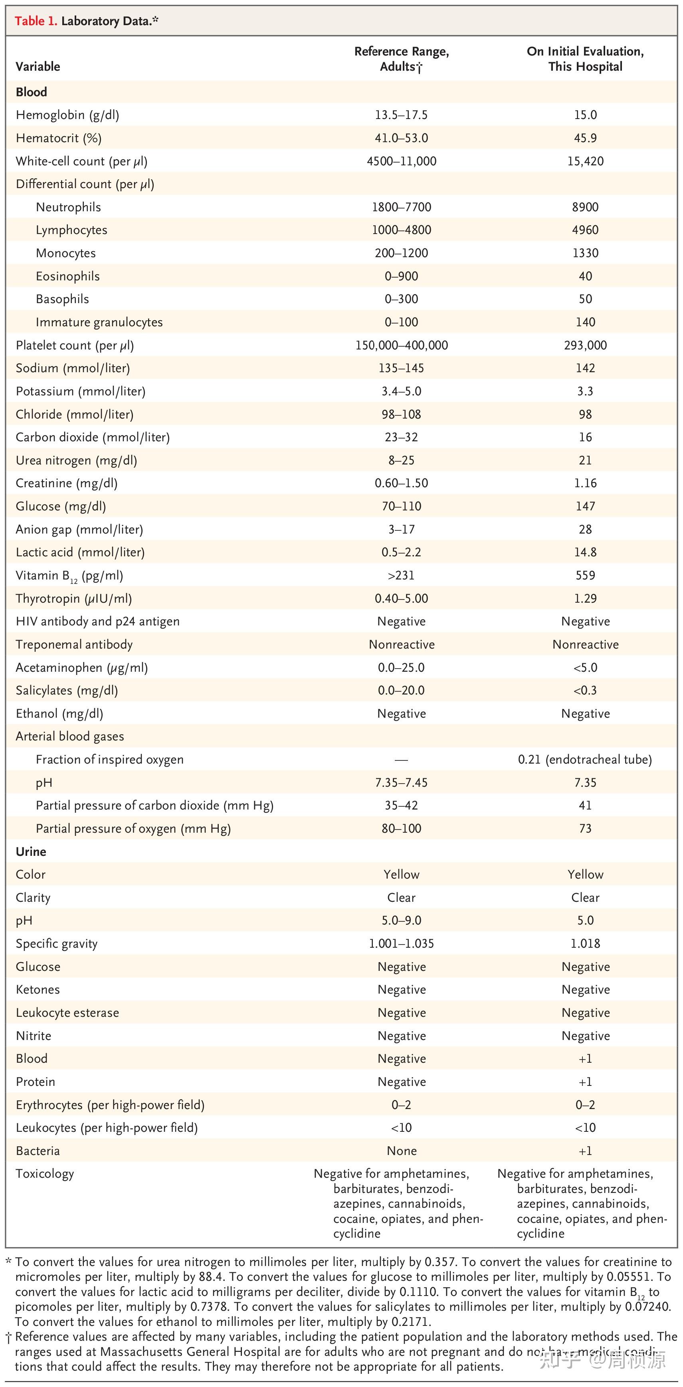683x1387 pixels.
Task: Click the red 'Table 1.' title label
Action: point(36,21)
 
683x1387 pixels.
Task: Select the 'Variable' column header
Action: point(38,67)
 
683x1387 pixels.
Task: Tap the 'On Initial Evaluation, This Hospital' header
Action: point(585,59)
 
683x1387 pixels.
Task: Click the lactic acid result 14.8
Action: point(585,552)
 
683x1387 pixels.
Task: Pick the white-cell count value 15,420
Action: point(585,161)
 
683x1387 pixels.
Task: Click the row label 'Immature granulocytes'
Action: point(99,322)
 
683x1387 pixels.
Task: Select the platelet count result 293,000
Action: point(585,345)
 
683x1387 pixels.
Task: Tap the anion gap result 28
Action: point(585,529)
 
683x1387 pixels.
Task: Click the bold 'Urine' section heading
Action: point(31,852)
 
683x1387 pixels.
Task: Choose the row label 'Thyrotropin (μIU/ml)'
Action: point(74,598)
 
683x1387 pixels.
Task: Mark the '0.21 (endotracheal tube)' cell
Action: point(585,760)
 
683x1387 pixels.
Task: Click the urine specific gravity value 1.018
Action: point(585,943)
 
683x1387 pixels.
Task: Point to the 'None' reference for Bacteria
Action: point(402,1151)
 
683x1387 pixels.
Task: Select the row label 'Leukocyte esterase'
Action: point(67,1013)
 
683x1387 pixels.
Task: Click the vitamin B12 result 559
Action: point(585,575)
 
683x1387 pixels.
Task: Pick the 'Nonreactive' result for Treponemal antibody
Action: point(585,645)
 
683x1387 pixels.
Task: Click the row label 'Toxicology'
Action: point(45,1174)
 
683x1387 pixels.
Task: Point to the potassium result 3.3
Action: point(585,391)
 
